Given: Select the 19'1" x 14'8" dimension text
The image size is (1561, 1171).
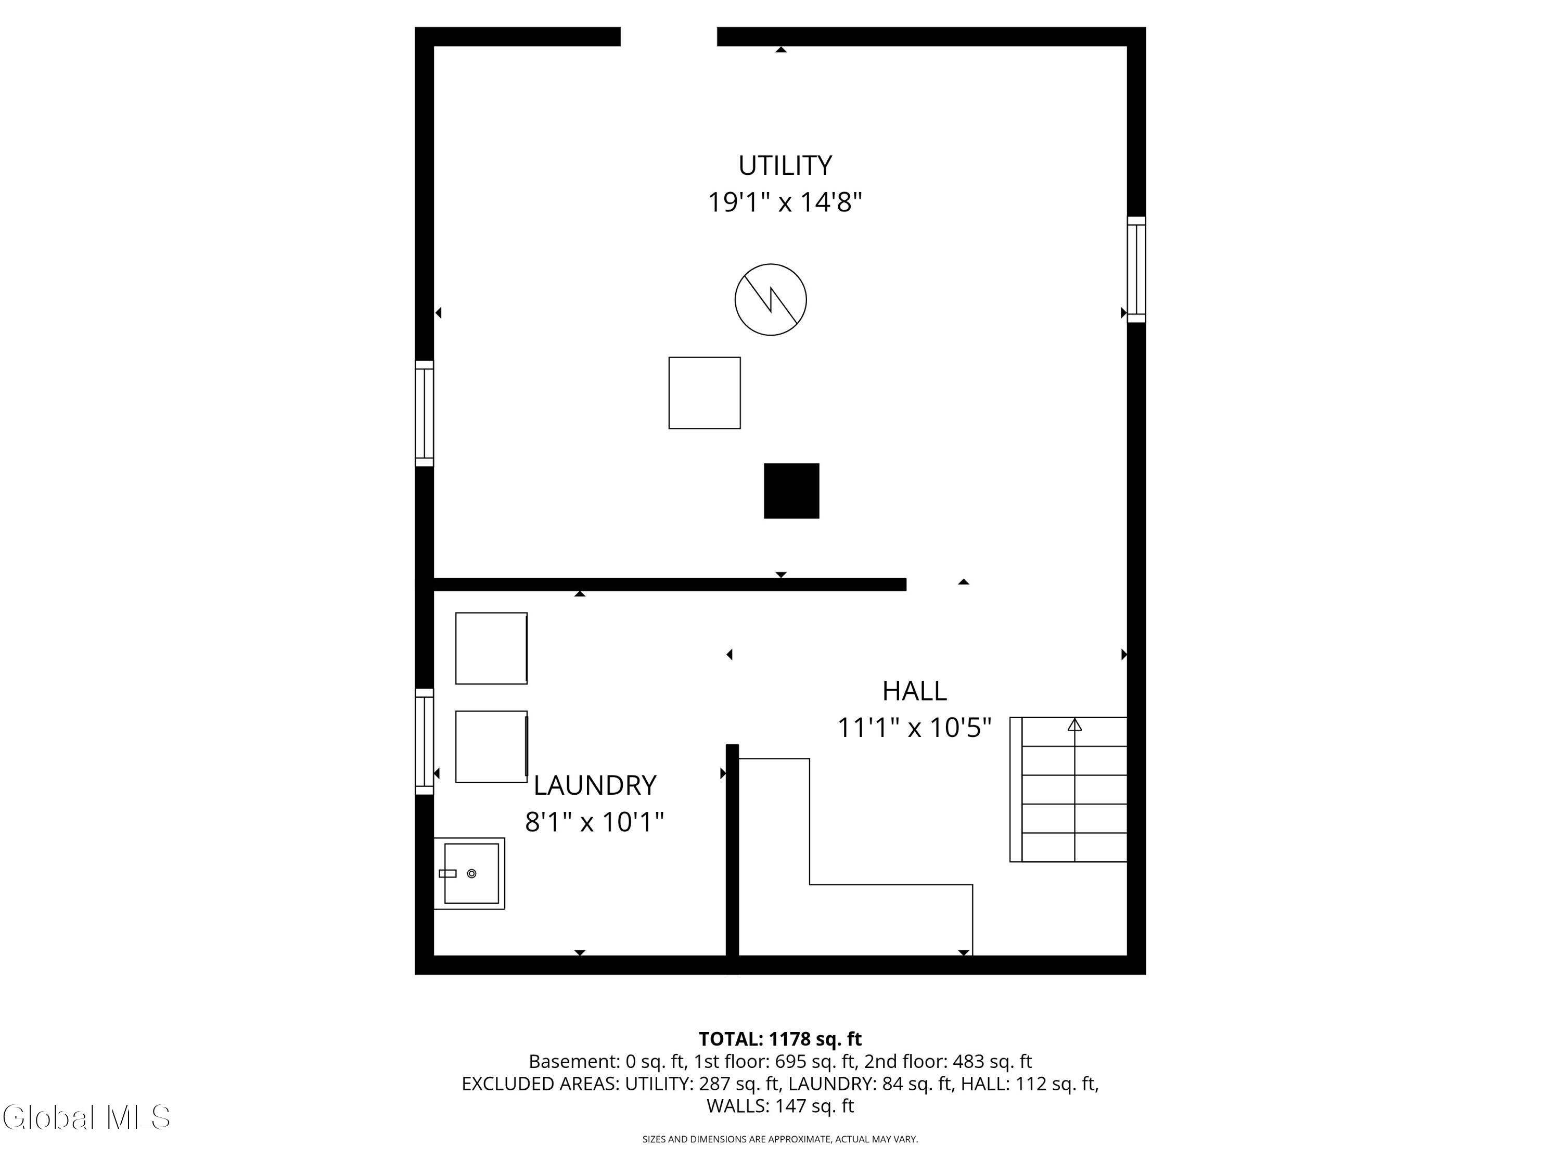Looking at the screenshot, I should click(785, 202).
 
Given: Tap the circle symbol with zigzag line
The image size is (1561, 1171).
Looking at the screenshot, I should click(771, 299).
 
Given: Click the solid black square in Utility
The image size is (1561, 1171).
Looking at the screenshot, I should click(791, 491).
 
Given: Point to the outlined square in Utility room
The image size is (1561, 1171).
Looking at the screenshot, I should click(705, 392).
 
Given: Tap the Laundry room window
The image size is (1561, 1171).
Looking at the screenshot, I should click(424, 741).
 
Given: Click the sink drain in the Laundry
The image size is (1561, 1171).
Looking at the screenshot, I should click(471, 873).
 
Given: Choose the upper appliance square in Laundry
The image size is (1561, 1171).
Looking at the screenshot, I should click(491, 648).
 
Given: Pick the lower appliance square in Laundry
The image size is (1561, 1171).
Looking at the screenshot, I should click(491, 746).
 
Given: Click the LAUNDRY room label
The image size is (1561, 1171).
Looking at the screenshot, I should click(594, 785).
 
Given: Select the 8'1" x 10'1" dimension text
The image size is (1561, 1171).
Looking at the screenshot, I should click(594, 822).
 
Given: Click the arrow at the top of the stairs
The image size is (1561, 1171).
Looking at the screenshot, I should click(1074, 725).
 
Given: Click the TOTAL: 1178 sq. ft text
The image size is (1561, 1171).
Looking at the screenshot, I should click(780, 1039).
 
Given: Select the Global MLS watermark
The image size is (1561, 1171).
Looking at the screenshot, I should click(86, 1117).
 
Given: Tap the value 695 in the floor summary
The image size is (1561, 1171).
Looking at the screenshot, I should click(789, 1062).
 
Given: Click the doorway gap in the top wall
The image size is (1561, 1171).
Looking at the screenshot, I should click(668, 37).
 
